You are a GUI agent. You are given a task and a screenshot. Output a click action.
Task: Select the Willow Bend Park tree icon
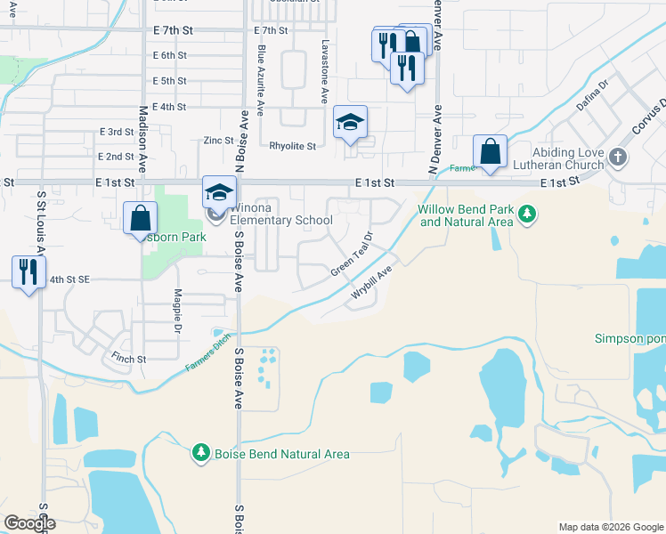pos(528,214)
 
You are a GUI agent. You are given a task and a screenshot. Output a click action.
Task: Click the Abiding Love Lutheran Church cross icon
pos(619,158)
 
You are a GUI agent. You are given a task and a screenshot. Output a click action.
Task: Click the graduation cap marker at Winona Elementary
pos(219,190)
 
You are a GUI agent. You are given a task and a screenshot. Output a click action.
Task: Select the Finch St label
pos(129,359)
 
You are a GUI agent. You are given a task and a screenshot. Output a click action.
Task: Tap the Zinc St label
pos(217,140)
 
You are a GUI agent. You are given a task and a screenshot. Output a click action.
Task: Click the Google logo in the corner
pos(30,523)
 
